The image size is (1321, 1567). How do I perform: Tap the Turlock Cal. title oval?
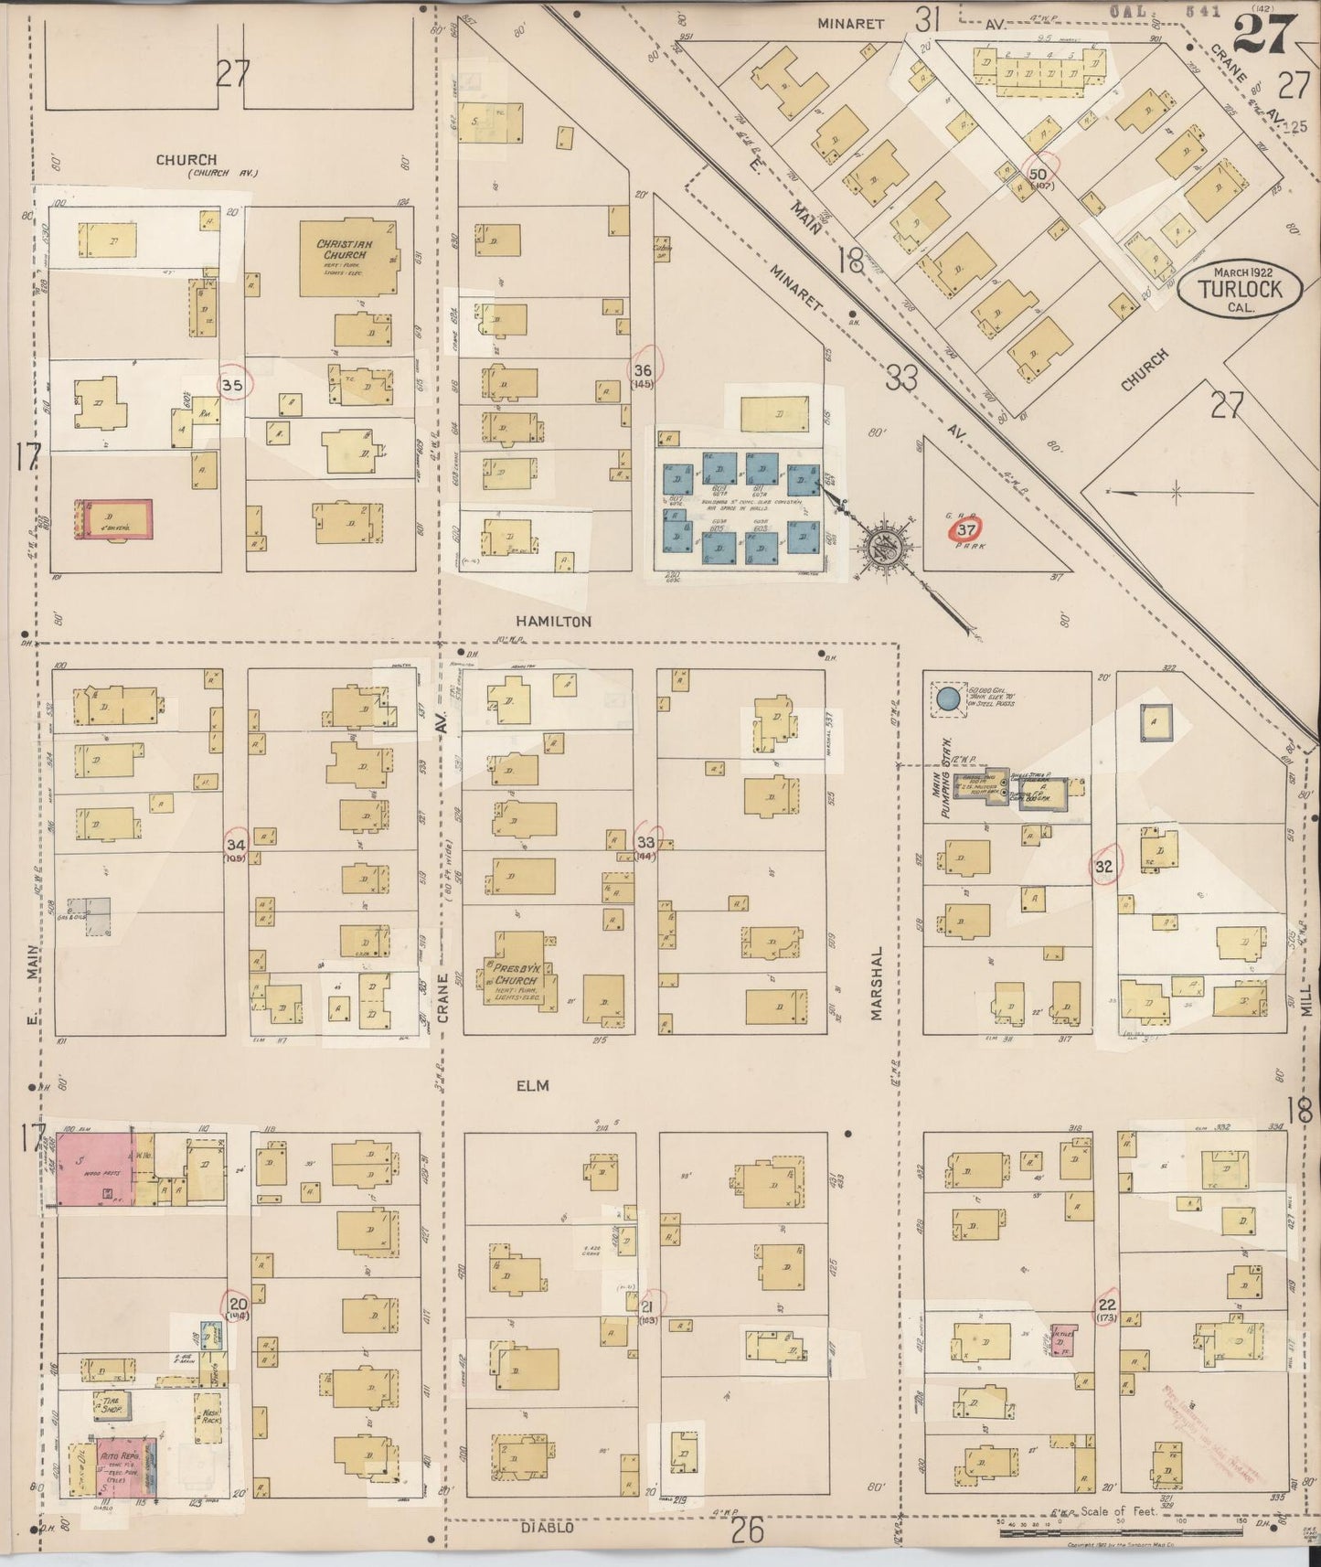tap(1242, 291)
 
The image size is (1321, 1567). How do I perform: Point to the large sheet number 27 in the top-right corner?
tap(1264, 35)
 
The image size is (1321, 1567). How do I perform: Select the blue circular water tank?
tap(948, 700)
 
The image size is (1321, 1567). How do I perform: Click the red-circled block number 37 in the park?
tap(967, 530)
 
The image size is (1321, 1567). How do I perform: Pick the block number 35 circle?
tap(232, 386)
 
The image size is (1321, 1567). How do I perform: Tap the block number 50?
tap(1038, 174)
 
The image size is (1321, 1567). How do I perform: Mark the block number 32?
tap(1103, 866)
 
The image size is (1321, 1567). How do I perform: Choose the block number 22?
tap(1107, 1305)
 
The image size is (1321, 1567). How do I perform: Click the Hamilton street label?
tap(546, 621)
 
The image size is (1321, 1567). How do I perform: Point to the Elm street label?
tap(531, 1085)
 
